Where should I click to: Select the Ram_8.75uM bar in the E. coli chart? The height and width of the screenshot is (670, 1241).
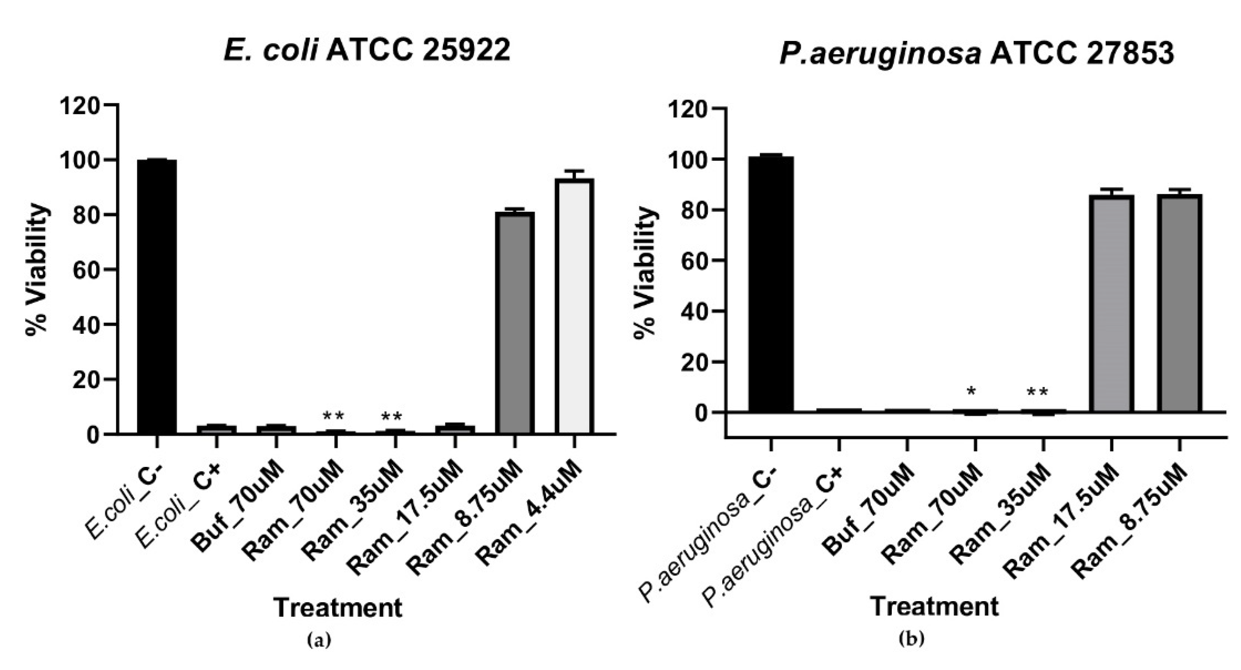coord(515,323)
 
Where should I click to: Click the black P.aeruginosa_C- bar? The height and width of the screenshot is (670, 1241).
coord(771,284)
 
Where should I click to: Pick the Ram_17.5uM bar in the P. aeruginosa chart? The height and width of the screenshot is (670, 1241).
coord(1112,303)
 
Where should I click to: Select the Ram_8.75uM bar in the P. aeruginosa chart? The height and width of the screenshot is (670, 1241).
coord(1180,303)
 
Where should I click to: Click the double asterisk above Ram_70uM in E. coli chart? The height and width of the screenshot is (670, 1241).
coord(333,416)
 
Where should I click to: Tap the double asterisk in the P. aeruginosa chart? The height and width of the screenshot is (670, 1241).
coord(1037,392)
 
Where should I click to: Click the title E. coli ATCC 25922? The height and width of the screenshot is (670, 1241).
coord(367,50)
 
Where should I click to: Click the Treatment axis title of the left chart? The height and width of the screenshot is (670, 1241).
coord(338,607)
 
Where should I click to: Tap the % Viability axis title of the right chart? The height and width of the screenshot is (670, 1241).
coord(646,273)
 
